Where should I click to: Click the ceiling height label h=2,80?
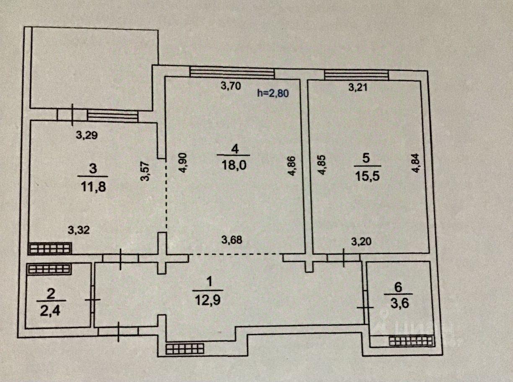(273, 93)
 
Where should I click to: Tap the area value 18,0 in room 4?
(234, 165)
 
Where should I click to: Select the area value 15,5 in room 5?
(368, 176)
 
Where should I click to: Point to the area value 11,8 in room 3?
(93, 187)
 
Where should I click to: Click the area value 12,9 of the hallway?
(208, 300)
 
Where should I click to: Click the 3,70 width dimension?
(231, 86)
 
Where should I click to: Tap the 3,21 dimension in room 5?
(358, 88)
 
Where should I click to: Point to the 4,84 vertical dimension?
(415, 163)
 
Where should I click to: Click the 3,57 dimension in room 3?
(146, 171)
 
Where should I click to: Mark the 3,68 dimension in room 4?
(232, 240)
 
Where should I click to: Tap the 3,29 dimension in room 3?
(87, 135)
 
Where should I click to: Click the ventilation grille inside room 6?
(411, 341)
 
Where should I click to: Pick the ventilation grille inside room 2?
(49, 269)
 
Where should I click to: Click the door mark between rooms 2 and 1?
(93, 300)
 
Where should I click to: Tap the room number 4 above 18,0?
(235, 149)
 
